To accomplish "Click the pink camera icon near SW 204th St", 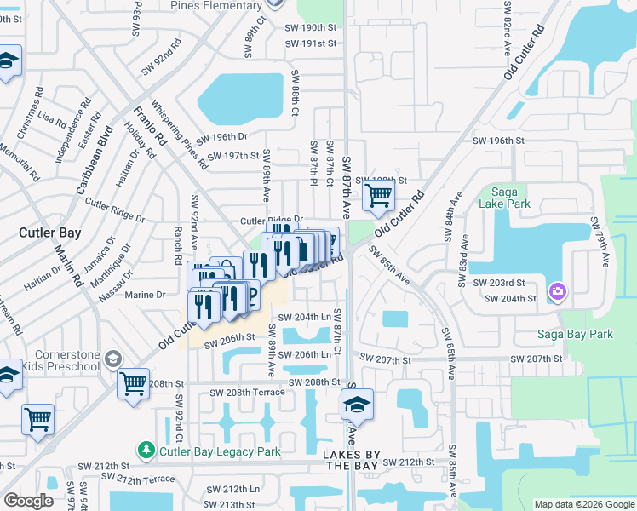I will (x=558, y=292).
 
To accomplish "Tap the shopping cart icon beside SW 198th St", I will (x=377, y=196).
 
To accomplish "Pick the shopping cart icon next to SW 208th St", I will (x=133, y=384).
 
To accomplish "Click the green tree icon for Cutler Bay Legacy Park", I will (x=147, y=449).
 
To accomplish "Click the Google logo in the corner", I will (x=28, y=501).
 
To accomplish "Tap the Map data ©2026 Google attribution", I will (x=584, y=504).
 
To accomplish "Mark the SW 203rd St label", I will (x=516, y=283).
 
